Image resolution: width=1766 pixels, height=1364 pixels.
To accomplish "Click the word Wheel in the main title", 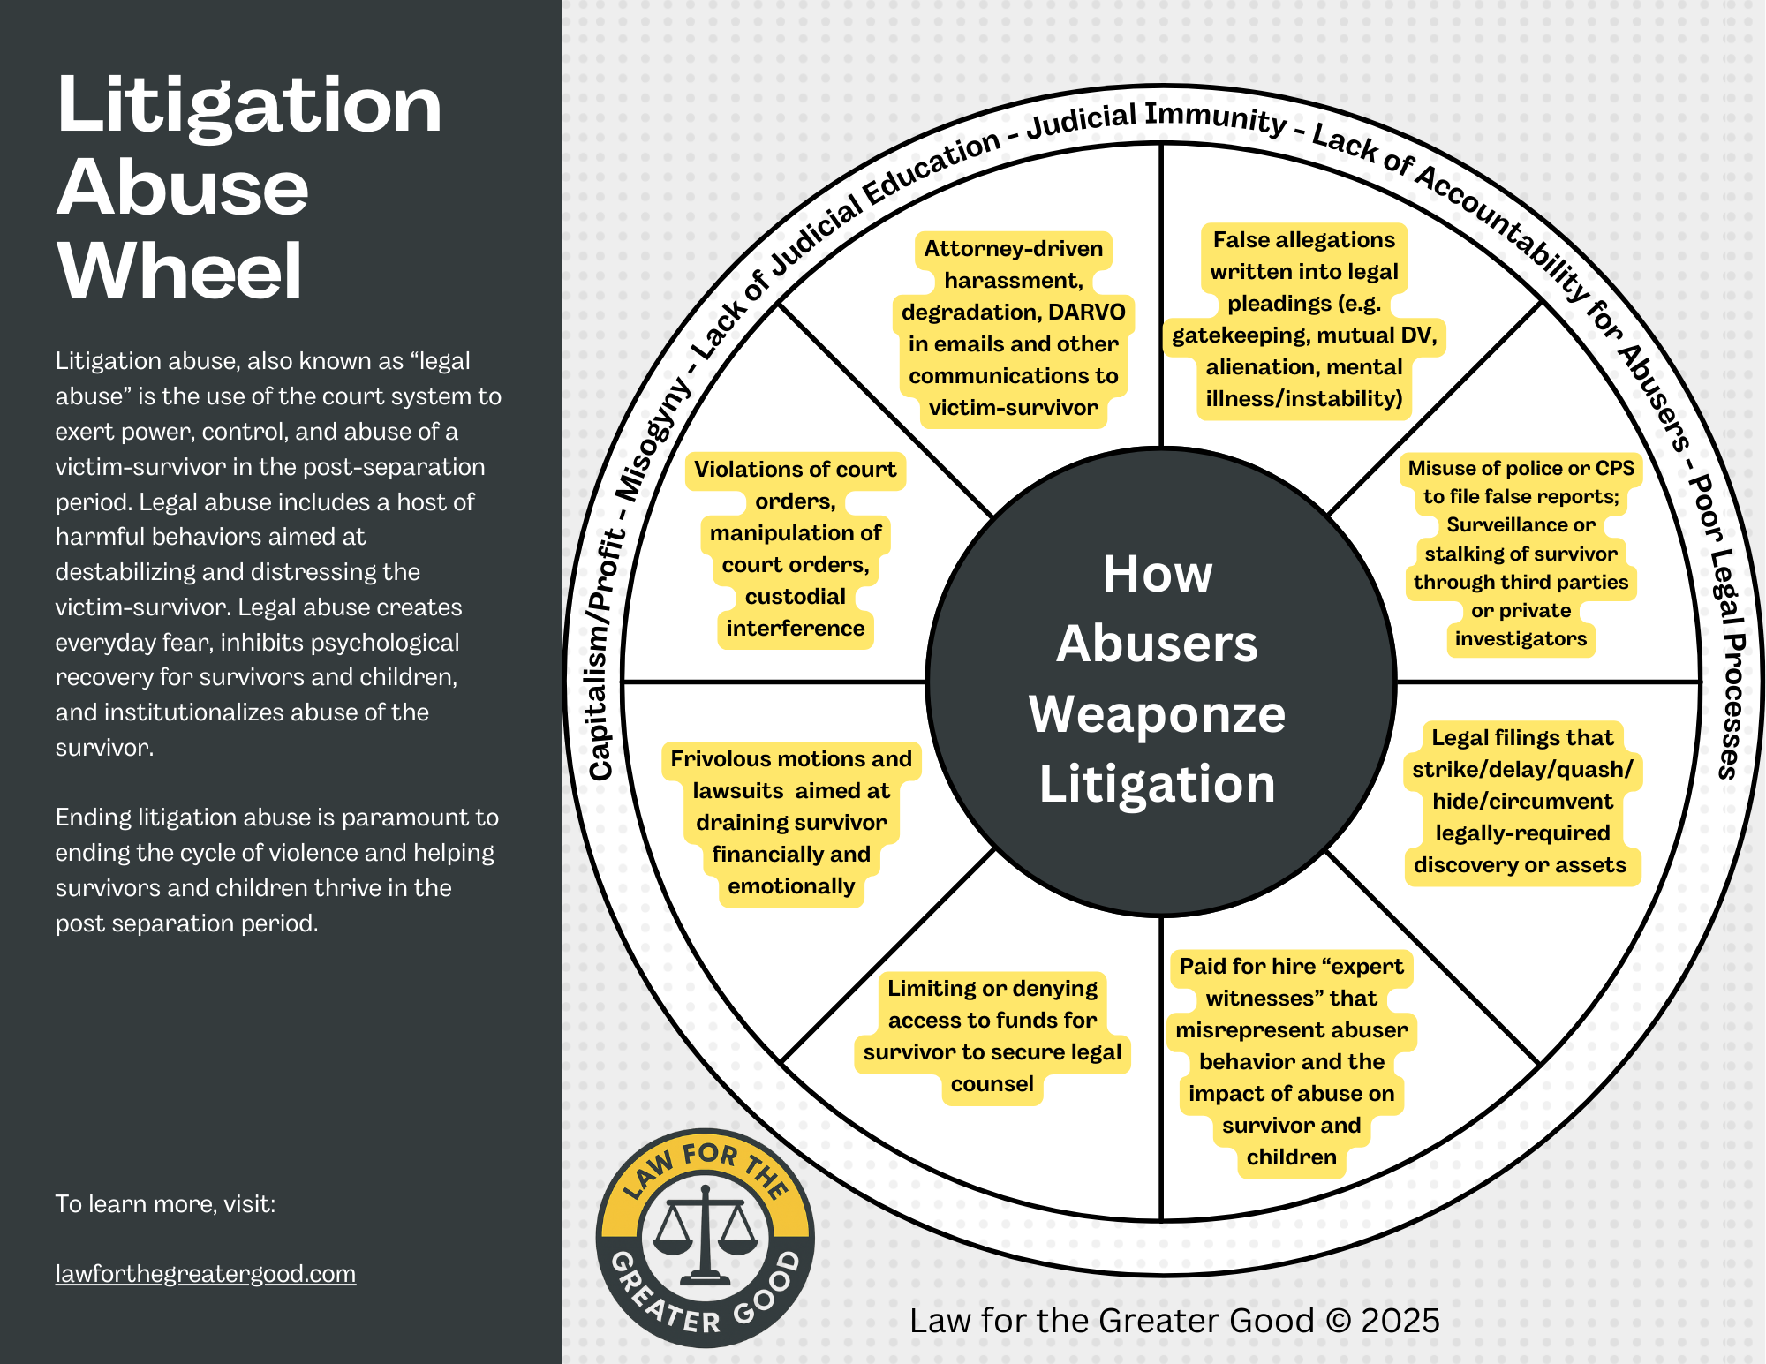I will click(180, 271).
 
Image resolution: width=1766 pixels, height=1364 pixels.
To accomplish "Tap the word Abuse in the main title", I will click(183, 188).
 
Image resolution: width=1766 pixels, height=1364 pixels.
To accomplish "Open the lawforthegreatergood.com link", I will click(206, 1274).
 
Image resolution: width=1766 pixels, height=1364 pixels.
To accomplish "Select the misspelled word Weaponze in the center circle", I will click(1157, 713).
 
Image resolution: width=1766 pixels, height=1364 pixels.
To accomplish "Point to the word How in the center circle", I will click(1158, 574).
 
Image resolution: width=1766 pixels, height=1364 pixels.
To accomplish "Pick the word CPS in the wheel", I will click(1615, 468).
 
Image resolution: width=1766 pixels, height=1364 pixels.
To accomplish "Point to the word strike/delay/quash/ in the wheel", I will click(1522, 770).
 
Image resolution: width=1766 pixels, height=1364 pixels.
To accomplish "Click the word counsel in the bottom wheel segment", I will click(992, 1084).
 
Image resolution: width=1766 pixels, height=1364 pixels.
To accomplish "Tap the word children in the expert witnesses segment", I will click(1291, 1157).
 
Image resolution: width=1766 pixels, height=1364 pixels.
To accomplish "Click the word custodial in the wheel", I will click(795, 597).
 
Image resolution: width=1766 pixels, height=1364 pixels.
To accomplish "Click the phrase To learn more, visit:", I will click(165, 1204).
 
